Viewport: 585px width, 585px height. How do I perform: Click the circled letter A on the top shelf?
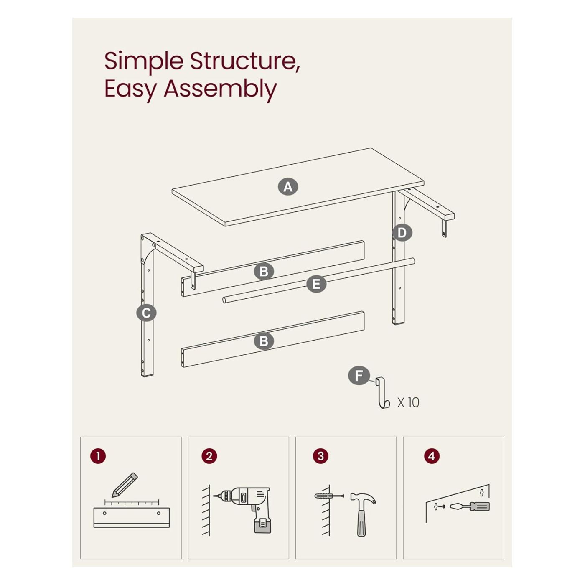pos(287,186)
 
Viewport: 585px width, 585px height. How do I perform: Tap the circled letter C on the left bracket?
pos(146,313)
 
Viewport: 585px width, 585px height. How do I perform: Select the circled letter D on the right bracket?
pos(402,233)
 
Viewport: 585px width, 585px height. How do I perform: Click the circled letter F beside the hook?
pos(359,376)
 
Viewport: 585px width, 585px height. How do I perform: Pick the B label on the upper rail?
pos(264,272)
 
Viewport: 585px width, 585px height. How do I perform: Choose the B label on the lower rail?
pos(264,341)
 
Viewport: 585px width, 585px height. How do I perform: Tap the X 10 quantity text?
pos(408,402)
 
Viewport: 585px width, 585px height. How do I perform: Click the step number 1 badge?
pos(98,456)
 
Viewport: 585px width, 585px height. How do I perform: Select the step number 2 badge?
pos(209,456)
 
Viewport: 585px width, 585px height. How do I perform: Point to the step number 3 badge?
pos(320,456)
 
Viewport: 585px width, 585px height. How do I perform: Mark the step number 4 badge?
pos(432,456)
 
